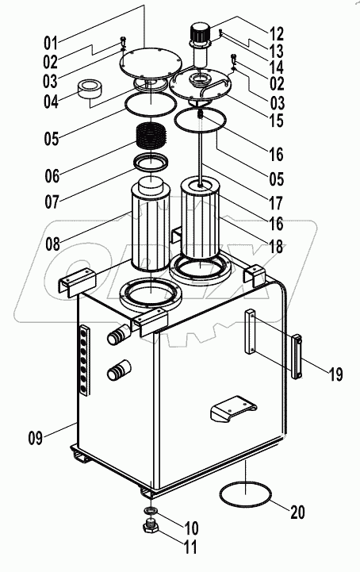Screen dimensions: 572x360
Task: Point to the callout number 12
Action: point(276,33)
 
